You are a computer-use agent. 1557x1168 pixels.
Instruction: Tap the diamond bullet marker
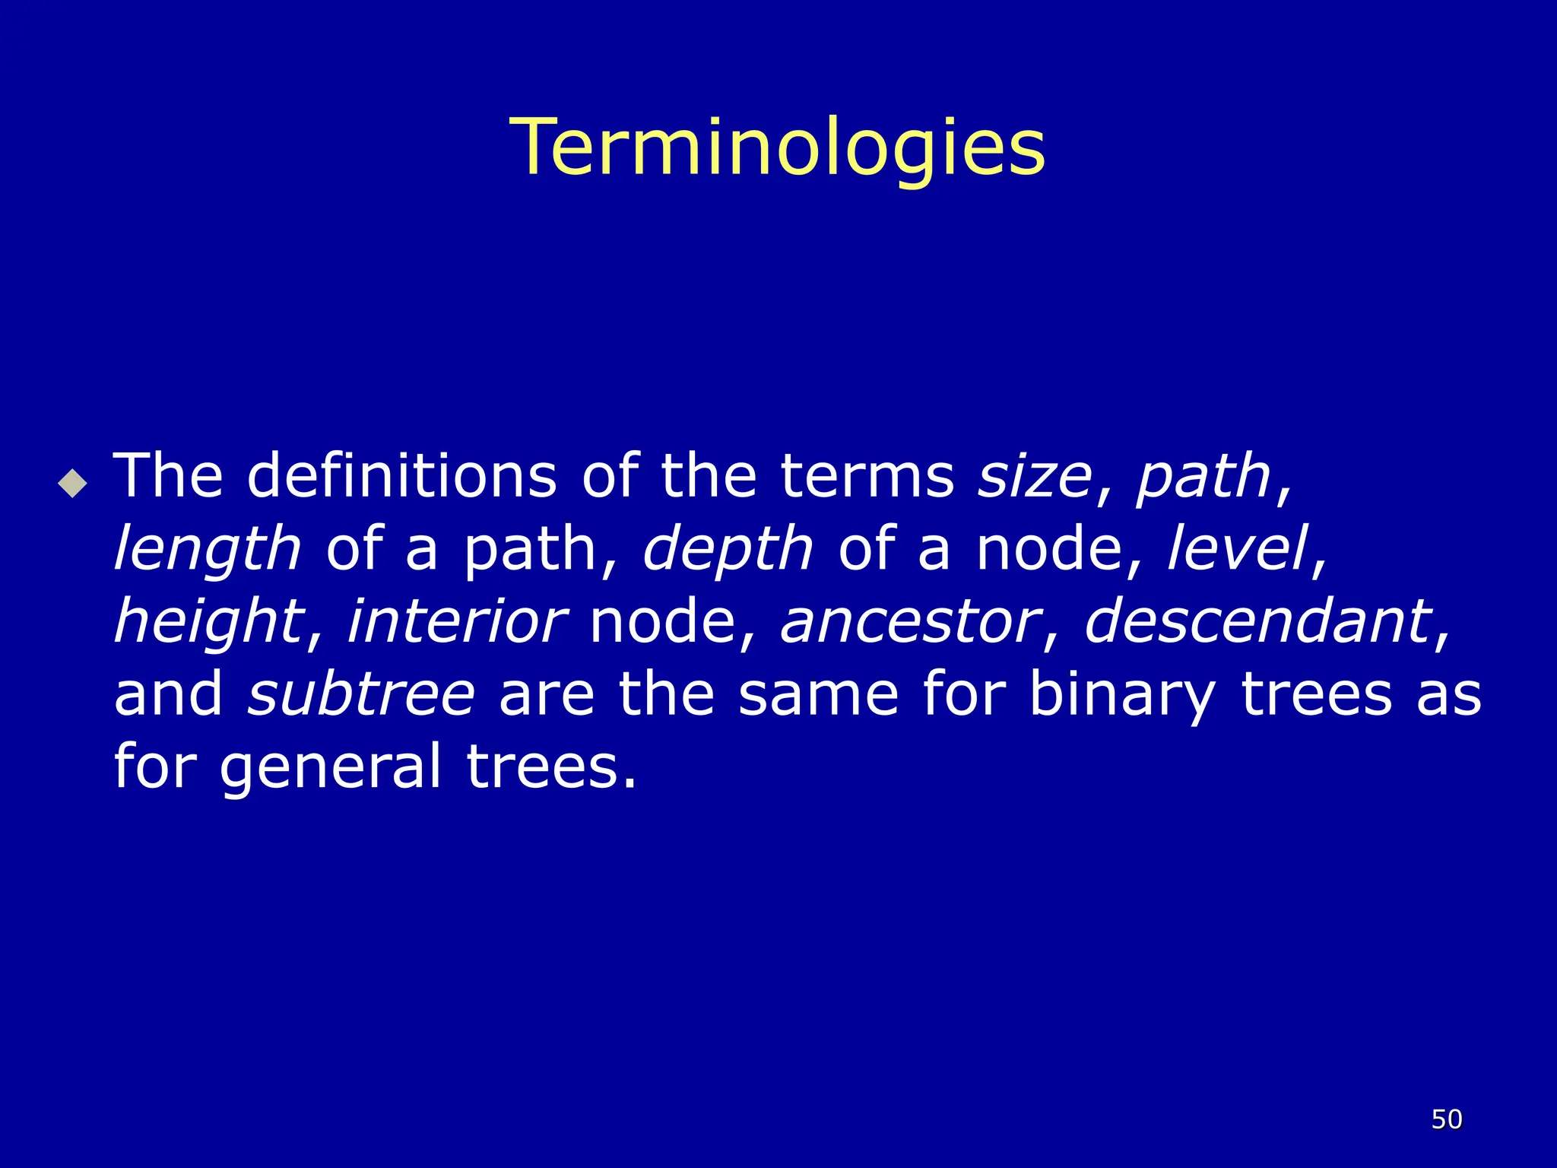[x=73, y=483]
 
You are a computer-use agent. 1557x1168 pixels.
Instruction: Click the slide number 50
[x=1447, y=1119]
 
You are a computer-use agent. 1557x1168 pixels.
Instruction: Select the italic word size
[x=1035, y=476]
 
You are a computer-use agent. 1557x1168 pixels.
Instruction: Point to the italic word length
[x=207, y=549]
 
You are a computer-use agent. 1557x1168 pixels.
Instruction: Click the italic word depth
[x=728, y=549]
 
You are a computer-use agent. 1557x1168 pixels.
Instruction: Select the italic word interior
[x=456, y=620]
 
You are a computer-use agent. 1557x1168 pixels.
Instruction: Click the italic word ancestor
[x=909, y=622]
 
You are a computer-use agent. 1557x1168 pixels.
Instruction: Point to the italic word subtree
[x=361, y=693]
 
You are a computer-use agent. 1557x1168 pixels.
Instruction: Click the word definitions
[x=402, y=476]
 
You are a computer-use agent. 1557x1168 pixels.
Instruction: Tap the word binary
[x=1121, y=695]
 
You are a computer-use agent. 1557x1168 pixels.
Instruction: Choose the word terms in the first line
[x=867, y=476]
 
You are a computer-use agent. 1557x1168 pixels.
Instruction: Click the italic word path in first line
[x=1203, y=478]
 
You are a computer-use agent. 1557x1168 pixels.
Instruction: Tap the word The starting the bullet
[x=168, y=476]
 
